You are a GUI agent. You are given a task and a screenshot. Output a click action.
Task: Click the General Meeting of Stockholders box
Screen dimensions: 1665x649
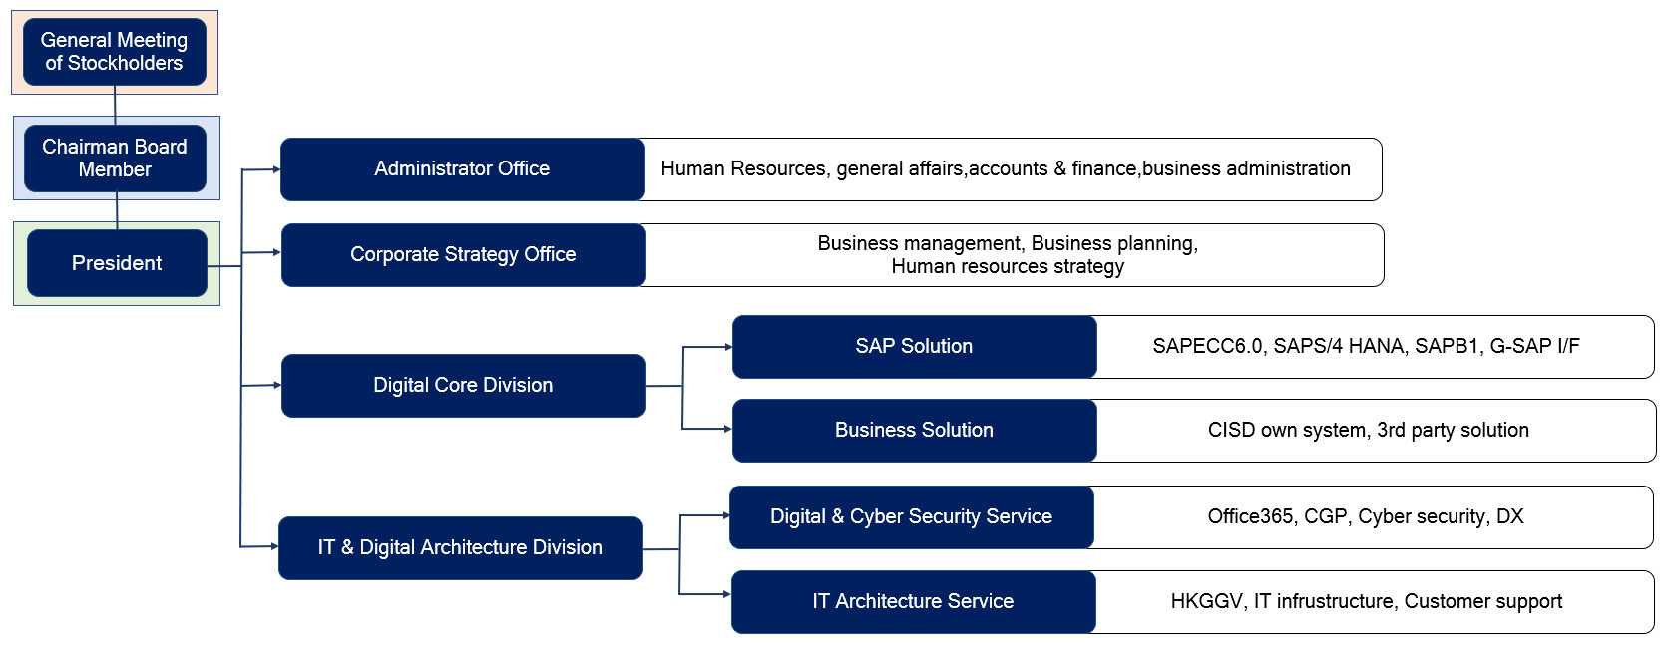(x=115, y=52)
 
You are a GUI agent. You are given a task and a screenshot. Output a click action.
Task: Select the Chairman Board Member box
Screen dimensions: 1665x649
(x=115, y=159)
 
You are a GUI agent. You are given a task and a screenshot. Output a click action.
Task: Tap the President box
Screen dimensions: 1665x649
(x=117, y=263)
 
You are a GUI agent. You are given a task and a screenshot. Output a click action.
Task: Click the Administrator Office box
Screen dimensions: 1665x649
(x=462, y=169)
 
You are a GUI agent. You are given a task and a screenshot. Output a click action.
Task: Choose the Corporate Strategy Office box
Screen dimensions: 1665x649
(x=463, y=254)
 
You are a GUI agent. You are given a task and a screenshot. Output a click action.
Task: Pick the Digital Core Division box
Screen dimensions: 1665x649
(x=463, y=386)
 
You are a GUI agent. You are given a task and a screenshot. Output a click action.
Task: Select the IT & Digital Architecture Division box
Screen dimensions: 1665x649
(x=460, y=548)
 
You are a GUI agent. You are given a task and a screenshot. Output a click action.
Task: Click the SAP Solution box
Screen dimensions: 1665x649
(x=914, y=347)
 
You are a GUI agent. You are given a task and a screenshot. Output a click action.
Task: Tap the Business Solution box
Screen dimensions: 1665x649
(x=914, y=431)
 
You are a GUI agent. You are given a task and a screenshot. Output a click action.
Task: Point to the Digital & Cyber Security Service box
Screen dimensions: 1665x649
(x=911, y=516)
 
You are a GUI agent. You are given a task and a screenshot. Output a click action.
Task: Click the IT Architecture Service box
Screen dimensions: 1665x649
(x=914, y=601)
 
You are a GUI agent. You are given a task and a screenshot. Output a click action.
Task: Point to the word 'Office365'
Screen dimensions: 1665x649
(x=1250, y=516)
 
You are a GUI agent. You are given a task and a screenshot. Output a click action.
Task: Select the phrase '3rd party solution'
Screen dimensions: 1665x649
(x=1453, y=430)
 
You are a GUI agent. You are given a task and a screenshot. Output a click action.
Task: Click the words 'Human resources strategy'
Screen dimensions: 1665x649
(x=1008, y=266)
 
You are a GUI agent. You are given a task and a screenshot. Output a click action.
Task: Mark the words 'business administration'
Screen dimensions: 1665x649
(x=1246, y=168)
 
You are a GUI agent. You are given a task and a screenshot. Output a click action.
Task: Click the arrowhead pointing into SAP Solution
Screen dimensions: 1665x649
(x=728, y=347)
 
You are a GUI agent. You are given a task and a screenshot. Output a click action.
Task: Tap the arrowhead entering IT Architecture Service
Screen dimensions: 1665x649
(x=727, y=594)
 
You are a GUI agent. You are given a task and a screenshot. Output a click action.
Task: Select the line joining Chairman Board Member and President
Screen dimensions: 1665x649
(x=117, y=211)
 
